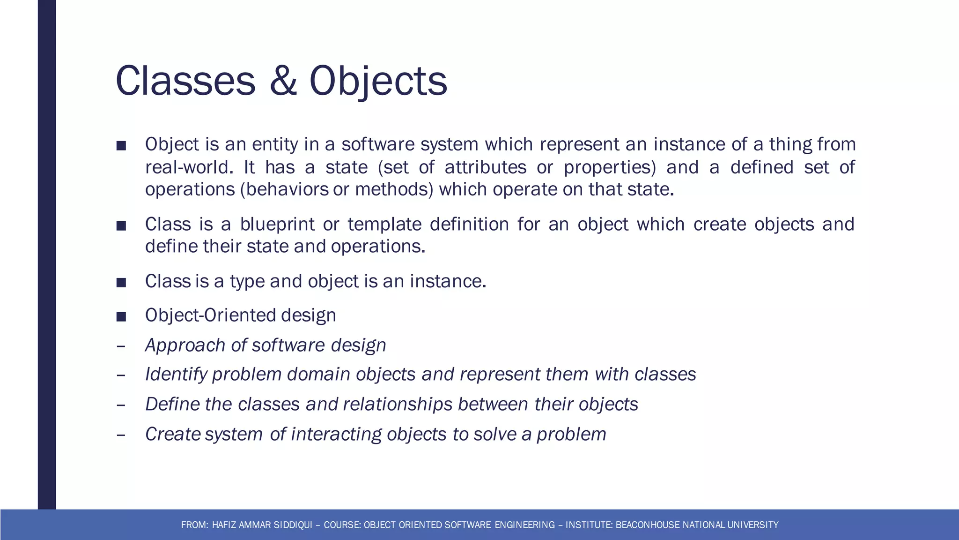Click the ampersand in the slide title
click(283, 81)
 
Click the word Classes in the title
click(185, 81)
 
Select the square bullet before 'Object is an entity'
click(121, 146)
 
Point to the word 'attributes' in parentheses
click(486, 167)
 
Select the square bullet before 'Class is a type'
click(121, 283)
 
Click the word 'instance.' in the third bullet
click(448, 281)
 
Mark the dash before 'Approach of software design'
click(121, 346)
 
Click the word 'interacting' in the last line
click(336, 435)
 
